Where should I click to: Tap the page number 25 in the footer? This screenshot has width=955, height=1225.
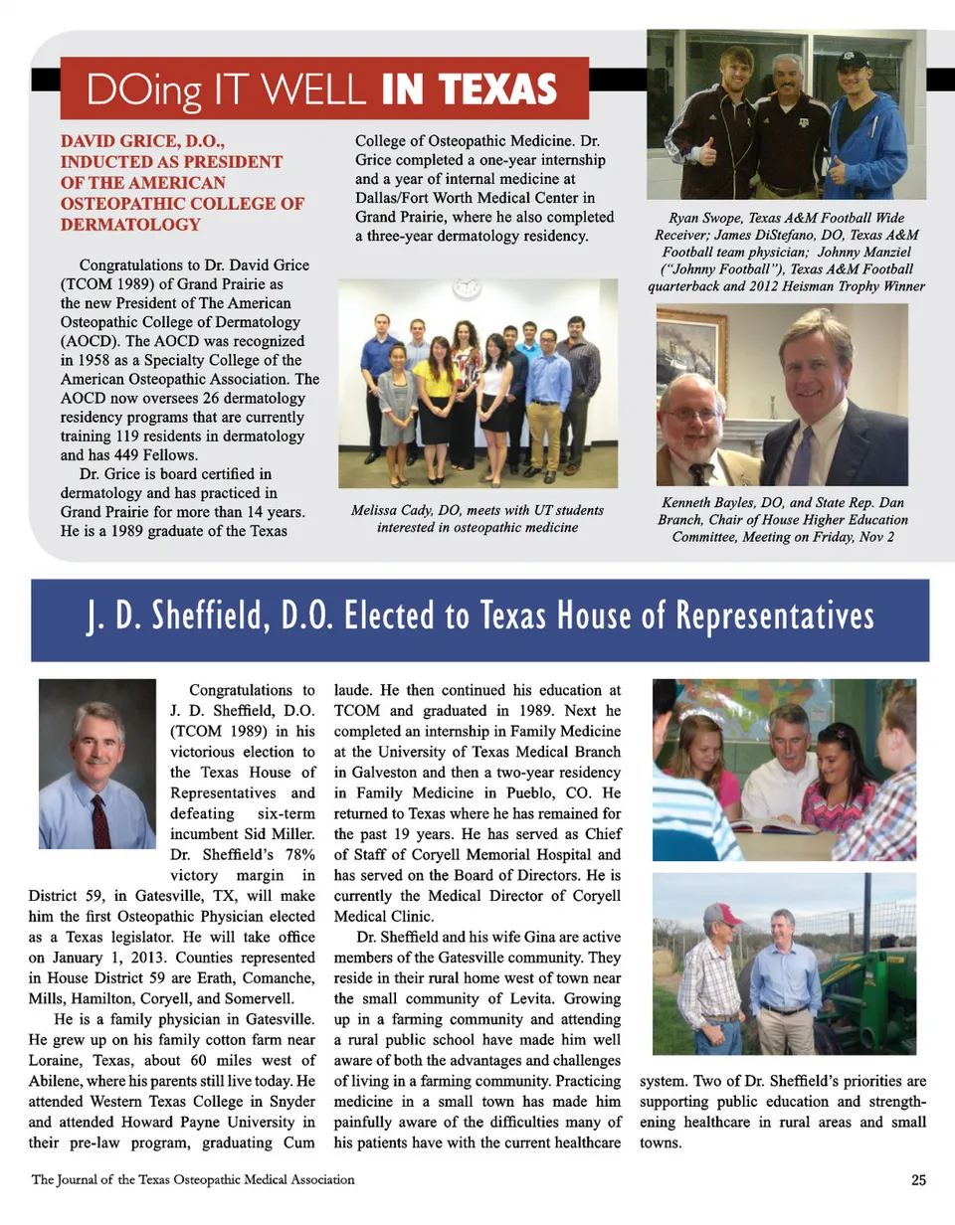[917, 1180]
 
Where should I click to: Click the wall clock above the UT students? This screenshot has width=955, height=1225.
[465, 288]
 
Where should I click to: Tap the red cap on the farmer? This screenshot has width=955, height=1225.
[722, 914]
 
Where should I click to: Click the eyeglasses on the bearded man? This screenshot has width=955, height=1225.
[694, 413]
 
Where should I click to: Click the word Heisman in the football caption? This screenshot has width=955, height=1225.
[818, 286]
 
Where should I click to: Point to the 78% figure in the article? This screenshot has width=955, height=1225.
[295, 855]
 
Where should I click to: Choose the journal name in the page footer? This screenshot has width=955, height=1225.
[193, 1180]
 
